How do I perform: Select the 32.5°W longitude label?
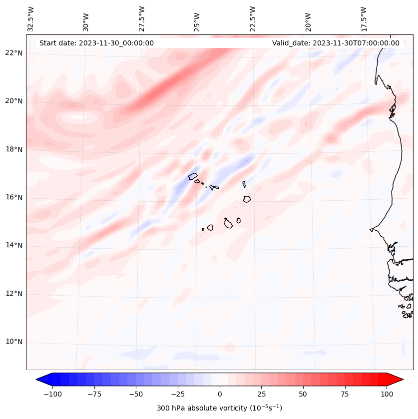point(31,18)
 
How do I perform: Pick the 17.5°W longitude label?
point(364,18)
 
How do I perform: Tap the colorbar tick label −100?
point(52,394)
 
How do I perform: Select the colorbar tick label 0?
point(220,394)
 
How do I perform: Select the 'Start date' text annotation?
point(96,43)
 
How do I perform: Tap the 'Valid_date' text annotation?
point(336,43)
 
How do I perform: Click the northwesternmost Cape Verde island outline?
point(193,176)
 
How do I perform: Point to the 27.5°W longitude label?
point(142,18)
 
